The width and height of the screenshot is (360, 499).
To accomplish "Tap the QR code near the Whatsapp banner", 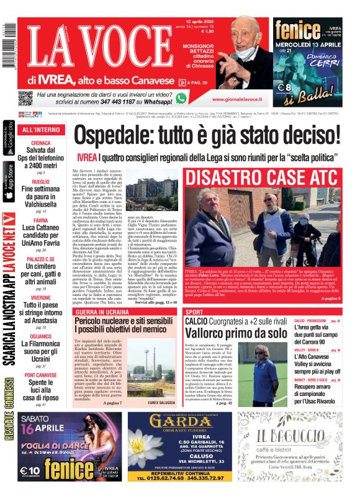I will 25,98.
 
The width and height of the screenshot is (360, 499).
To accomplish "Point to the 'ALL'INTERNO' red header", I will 41,130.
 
